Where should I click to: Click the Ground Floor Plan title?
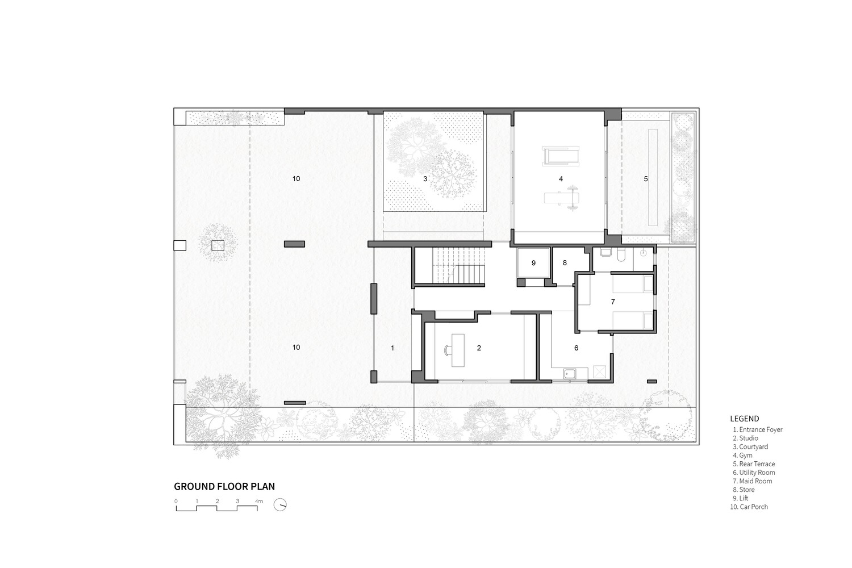point(224,487)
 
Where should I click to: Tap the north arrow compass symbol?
point(280,505)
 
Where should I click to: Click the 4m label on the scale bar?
point(258,501)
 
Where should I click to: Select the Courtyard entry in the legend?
point(750,446)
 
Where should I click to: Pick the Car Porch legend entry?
point(749,507)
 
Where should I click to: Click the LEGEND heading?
point(744,419)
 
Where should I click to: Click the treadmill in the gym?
point(561,156)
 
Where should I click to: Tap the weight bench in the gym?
point(562,198)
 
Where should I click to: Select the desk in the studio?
point(458,350)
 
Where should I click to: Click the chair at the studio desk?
point(448,350)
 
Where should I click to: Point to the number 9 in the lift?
point(534,263)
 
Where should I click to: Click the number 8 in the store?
point(565,263)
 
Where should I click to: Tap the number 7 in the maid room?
point(613,302)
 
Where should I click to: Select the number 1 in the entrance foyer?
point(392,348)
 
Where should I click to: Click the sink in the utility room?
point(570,374)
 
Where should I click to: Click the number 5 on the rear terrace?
point(646,178)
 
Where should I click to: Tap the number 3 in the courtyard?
point(425,178)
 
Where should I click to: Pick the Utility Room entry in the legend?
point(754,473)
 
